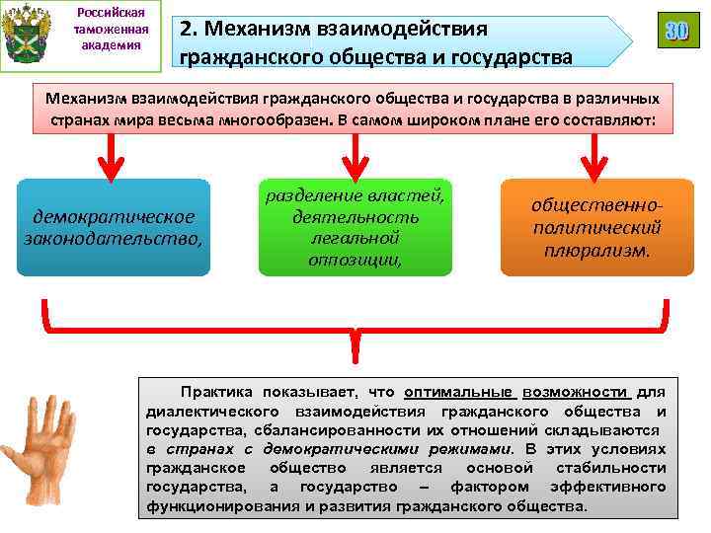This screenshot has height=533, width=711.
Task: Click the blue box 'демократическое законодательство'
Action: click(x=115, y=227)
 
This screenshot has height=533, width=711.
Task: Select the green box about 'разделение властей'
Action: click(x=355, y=227)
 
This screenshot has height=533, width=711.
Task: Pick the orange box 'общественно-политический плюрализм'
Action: click(x=596, y=227)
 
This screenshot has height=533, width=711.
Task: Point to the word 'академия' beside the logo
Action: click(x=112, y=45)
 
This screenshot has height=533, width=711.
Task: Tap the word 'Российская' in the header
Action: click(x=112, y=12)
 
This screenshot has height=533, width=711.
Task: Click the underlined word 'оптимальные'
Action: click(x=453, y=391)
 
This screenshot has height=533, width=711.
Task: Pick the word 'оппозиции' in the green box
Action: click(x=355, y=260)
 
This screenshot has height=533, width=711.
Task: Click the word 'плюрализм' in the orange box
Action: click(x=596, y=250)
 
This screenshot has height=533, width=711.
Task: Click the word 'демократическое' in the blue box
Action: click(x=115, y=216)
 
